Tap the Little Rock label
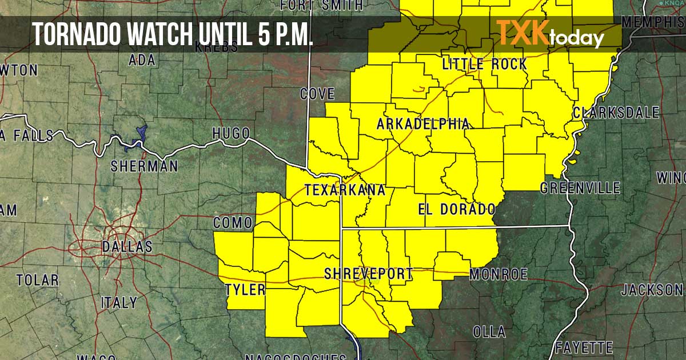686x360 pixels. pos(485,64)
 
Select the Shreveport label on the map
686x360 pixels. pos(368,274)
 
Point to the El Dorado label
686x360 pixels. pos(456,209)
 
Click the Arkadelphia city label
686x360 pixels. pos(423,124)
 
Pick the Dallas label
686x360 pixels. pos(127,247)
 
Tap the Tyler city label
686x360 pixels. pos(245,289)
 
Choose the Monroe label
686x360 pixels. pos(498,275)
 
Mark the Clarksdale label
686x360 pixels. pos(616,113)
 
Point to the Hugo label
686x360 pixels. pos(231,133)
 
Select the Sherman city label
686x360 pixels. pos(144,166)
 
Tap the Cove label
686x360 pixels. pos(317,94)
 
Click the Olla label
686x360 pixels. pos(489,331)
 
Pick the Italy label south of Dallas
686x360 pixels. pos(119,303)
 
